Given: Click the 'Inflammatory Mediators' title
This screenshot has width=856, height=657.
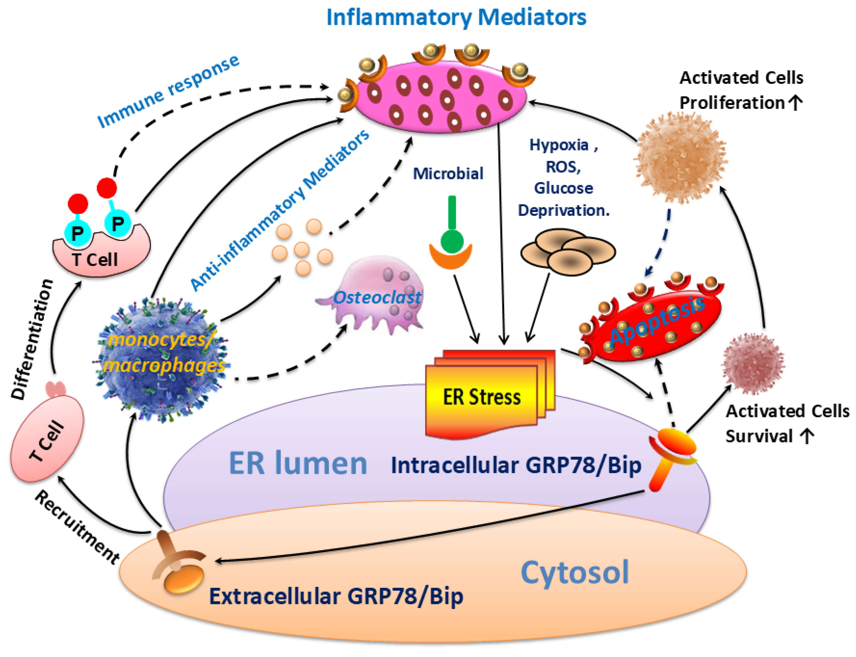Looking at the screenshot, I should coord(456,18).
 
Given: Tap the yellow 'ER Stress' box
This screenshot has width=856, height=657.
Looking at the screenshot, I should coord(481,397).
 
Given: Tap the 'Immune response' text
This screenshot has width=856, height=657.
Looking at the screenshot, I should coord(168,92).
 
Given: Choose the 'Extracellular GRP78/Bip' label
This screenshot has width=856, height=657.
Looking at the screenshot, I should coord(336,596).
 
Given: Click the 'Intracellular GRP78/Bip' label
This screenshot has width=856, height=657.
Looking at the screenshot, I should coord(516,465).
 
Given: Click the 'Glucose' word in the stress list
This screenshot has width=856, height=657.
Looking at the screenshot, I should coord(563,188).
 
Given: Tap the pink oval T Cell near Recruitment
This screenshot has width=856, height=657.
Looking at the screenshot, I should coord(47,438).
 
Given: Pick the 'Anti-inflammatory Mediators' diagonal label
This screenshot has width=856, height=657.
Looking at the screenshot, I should coord(280,211).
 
